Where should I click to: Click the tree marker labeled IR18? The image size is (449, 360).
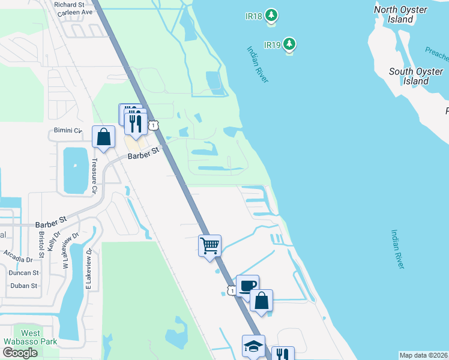(271, 14)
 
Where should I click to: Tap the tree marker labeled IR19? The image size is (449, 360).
(290, 44)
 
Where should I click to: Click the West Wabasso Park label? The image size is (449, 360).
(30, 338)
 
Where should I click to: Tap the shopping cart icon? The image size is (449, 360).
(209, 245)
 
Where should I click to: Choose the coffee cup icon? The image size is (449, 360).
(247, 285)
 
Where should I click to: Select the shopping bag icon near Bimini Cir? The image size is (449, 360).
(103, 136)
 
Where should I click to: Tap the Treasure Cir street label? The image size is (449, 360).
(94, 176)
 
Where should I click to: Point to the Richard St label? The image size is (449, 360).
(69, 4)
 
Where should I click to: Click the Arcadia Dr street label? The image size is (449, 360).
(16, 260)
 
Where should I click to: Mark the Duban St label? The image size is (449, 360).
(24, 286)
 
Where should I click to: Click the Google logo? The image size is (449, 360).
(20, 352)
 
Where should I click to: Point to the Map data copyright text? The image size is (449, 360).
(423, 355)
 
